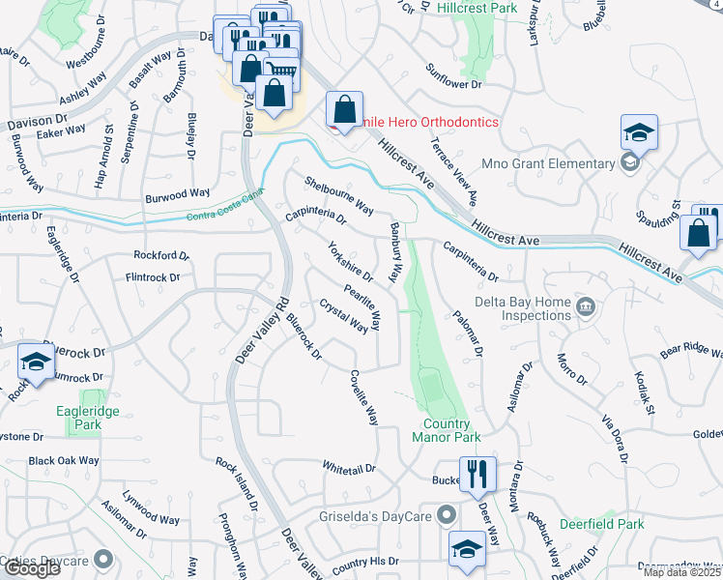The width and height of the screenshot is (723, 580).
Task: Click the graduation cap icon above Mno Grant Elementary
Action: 639,132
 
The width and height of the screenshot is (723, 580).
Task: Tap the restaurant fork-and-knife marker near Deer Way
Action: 477,474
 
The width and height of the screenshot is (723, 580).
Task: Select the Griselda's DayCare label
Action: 378,515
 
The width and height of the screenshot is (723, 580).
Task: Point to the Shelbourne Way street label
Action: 339,194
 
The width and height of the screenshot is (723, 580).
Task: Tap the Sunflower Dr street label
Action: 454,77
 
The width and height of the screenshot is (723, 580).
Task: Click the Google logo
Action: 31,568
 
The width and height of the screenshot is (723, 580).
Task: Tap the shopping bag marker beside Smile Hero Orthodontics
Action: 344,109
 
